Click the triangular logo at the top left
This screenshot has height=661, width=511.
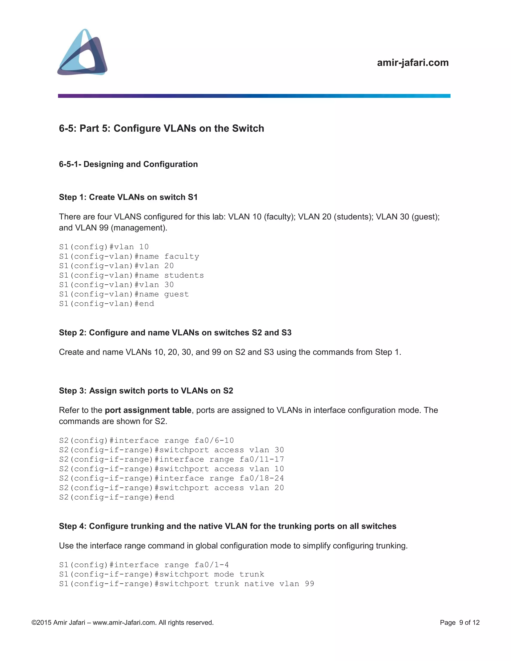[x=82, y=52]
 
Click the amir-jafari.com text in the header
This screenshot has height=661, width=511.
[x=413, y=63]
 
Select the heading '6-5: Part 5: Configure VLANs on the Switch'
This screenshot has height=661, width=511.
[x=161, y=128]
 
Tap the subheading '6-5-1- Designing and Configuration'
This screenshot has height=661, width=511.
[x=128, y=164]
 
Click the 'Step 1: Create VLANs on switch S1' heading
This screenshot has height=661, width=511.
[x=128, y=197]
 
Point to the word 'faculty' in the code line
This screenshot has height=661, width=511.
[x=182, y=257]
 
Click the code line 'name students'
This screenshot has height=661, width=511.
[x=131, y=275]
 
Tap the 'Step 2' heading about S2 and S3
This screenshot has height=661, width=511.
[x=175, y=332]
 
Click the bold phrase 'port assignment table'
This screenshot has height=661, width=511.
[x=148, y=410]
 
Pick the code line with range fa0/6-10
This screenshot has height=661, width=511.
[x=146, y=441]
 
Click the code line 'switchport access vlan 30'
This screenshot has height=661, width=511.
[x=171, y=450]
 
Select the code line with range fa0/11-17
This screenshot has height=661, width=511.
[x=171, y=459]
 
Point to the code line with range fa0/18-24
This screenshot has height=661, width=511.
[x=171, y=478]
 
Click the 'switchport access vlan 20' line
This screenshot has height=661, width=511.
[x=171, y=488]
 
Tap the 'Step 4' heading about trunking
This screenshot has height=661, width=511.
[x=227, y=526]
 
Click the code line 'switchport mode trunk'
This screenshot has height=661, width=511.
[x=162, y=574]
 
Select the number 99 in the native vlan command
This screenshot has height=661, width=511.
[x=309, y=584]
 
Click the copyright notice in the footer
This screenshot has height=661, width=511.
[x=123, y=623]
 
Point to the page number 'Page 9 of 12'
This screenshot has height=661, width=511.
[x=460, y=623]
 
